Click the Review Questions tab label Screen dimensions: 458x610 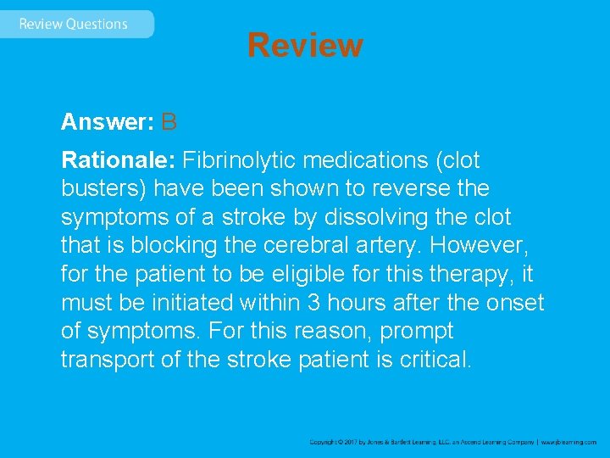click(x=73, y=24)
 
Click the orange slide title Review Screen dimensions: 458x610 click(x=305, y=45)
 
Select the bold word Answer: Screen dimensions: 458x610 click(x=107, y=122)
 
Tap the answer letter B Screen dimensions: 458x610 click(x=169, y=122)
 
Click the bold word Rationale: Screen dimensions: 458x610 click(x=119, y=159)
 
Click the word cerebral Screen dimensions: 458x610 click(x=314, y=246)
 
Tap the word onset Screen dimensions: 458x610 click(x=517, y=303)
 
